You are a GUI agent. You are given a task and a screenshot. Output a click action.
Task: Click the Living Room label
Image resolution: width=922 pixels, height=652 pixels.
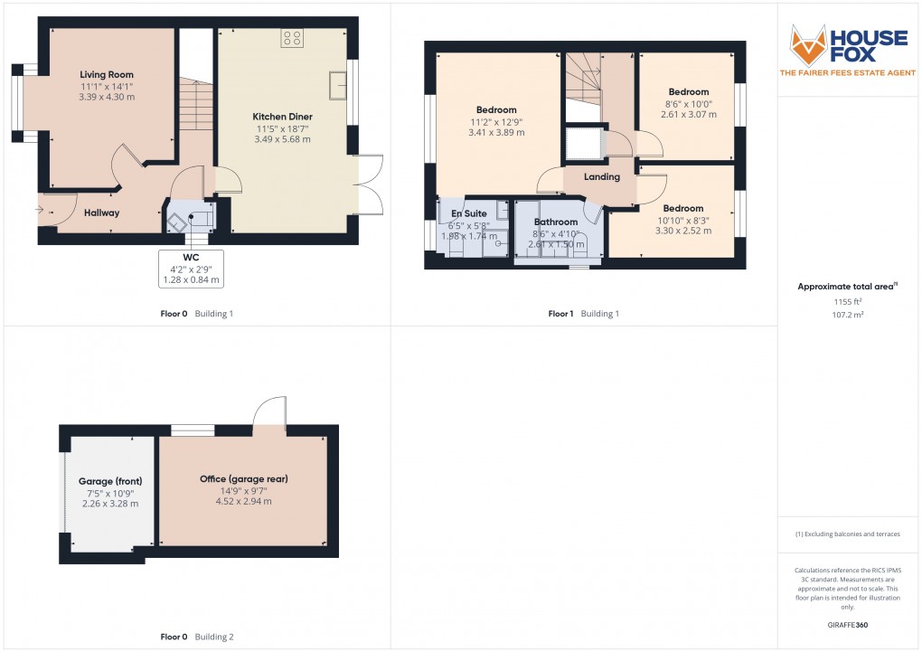107,75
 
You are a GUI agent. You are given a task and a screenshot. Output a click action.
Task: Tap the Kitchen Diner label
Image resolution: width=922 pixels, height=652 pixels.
282,117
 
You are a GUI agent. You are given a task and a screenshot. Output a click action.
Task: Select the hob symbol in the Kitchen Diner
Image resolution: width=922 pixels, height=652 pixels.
292,38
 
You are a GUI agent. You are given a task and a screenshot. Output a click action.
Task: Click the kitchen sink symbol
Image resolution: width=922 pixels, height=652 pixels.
337,86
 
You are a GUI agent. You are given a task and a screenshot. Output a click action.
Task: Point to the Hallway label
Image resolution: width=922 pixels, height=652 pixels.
102,213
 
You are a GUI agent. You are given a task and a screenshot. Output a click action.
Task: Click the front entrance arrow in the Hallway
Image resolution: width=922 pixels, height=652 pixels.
40,209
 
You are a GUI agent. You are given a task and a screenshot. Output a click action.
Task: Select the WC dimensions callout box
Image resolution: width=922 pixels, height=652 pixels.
191,269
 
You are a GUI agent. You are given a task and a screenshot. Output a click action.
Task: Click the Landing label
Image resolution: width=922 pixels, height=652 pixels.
601,176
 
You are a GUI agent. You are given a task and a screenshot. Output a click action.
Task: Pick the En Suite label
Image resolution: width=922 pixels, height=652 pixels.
468,213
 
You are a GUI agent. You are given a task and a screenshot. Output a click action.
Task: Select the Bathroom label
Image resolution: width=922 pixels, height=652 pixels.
556,222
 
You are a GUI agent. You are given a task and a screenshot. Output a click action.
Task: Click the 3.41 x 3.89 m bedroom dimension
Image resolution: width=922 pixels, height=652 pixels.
496,133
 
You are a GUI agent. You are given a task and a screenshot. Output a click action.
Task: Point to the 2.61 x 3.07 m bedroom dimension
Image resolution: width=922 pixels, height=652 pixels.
689,115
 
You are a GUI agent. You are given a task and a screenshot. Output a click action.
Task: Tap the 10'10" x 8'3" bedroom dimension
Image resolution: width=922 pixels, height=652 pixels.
683,221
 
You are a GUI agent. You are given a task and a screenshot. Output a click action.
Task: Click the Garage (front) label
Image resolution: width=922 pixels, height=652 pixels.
110,481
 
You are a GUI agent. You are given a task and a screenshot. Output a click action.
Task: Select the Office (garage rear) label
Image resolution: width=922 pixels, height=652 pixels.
244,479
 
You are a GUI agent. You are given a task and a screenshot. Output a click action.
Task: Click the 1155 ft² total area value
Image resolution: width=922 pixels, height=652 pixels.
847,301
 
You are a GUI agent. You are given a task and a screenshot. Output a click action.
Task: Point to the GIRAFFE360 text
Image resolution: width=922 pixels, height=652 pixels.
847,625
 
